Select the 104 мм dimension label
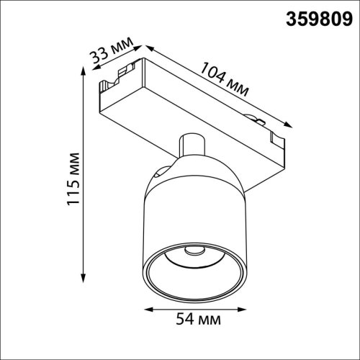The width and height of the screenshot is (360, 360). click(x=225, y=80)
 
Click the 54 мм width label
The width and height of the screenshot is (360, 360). click(x=197, y=318)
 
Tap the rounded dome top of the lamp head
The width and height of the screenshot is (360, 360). click(x=194, y=169)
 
